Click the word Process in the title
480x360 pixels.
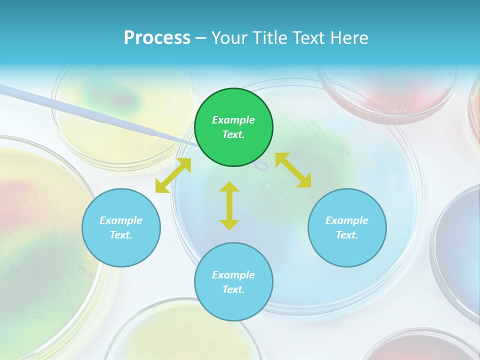tap(157, 38)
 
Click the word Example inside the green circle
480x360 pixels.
tap(233, 120)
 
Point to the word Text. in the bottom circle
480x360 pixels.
tap(233, 289)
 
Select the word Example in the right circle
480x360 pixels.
tap(347, 220)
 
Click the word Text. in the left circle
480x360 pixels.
tap(121, 235)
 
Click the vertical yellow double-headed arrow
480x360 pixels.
tap(229, 205)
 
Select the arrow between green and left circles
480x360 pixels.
tap(173, 175)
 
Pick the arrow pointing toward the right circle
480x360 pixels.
tap(293, 170)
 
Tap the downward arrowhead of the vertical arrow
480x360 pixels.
tap(229, 224)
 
